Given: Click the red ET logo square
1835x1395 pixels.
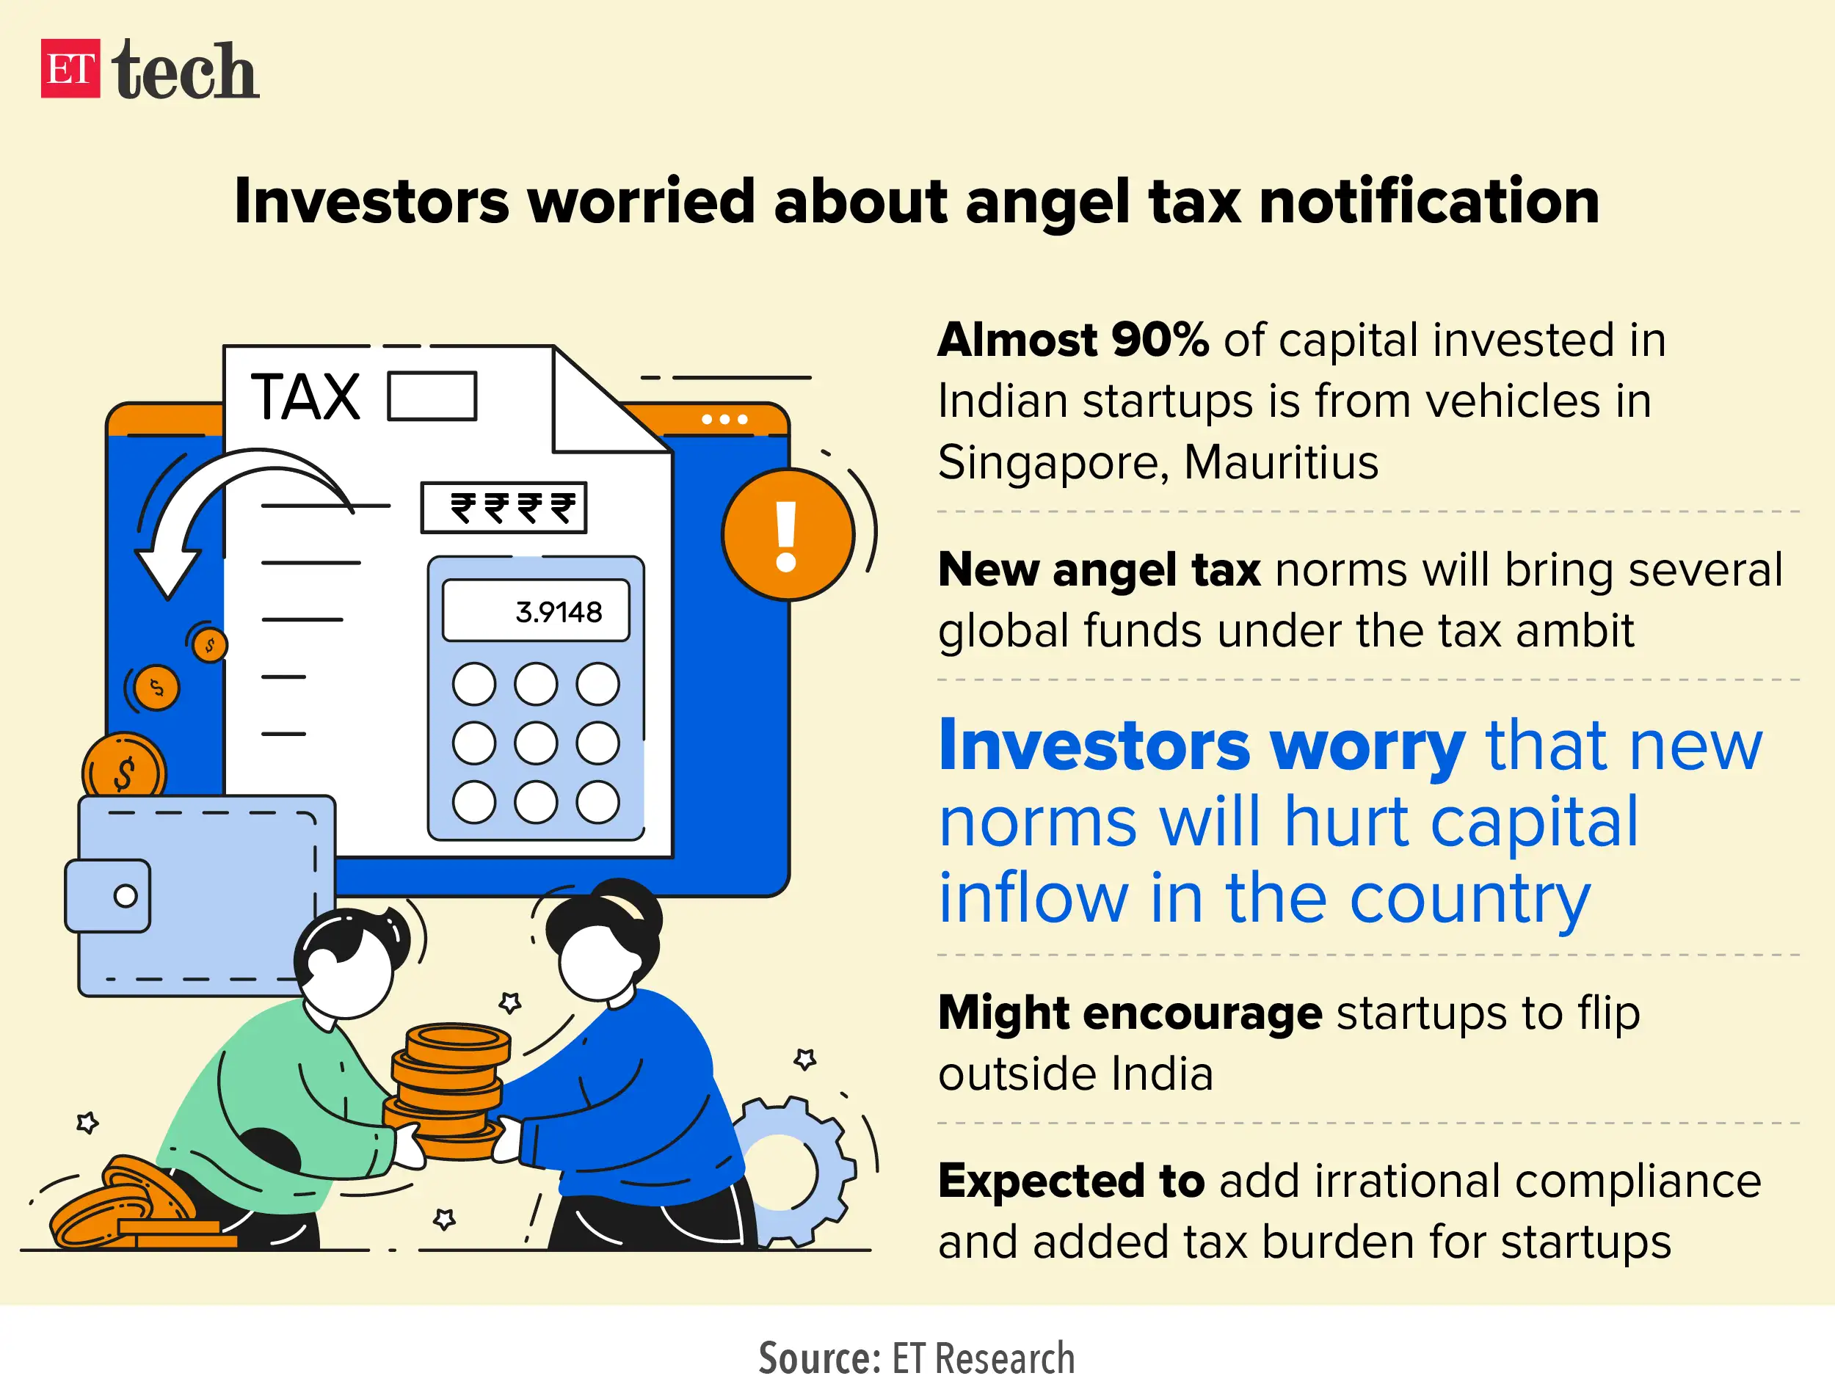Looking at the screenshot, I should click(x=70, y=69).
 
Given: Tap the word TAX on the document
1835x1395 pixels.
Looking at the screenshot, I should click(x=305, y=397).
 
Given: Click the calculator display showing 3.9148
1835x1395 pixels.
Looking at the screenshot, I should click(x=537, y=611).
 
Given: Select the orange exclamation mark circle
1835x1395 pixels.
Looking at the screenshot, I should click(x=787, y=534).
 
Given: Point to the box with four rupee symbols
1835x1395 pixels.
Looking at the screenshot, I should click(x=504, y=507).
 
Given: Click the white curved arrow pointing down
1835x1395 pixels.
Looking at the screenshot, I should click(x=216, y=515).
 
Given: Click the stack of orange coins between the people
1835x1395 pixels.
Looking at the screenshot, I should click(x=448, y=1092).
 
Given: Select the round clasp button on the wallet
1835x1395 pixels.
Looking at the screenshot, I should click(x=126, y=896).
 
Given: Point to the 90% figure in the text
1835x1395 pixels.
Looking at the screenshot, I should click(x=1160, y=340).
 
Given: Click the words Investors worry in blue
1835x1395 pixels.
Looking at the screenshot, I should click(x=1202, y=745).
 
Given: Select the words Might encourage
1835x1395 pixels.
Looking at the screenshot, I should click(x=1129, y=1013).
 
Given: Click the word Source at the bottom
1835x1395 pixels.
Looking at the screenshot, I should click(x=818, y=1358).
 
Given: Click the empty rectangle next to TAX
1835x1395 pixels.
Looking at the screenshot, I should click(x=432, y=397).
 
